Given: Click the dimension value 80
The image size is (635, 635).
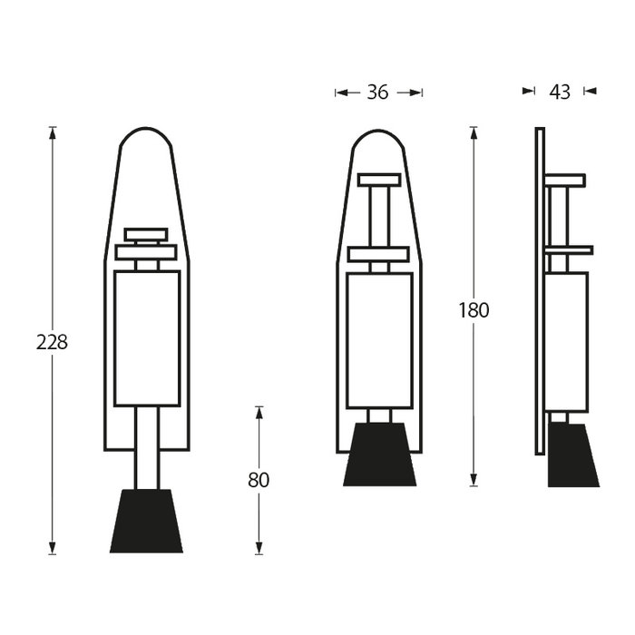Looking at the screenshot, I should [x=259, y=480].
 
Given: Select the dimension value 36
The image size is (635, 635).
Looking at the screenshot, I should [x=377, y=92].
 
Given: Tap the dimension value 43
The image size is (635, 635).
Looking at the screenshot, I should [x=560, y=92].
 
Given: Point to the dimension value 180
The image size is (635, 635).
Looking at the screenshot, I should [x=474, y=310].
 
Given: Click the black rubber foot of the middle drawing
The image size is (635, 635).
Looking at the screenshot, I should [x=379, y=454].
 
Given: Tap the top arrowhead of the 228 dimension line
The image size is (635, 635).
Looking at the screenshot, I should [x=53, y=132].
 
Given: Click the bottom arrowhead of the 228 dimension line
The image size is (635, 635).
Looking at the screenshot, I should [x=53, y=548].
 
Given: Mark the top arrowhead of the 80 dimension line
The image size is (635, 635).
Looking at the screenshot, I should [x=259, y=412].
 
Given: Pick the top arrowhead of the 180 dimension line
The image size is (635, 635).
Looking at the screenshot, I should [x=474, y=132].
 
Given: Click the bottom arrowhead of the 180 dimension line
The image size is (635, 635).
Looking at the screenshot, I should [x=474, y=481].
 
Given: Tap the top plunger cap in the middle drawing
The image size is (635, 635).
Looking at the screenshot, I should [x=379, y=179].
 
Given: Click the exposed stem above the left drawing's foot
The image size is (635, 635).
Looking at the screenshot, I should [x=146, y=448].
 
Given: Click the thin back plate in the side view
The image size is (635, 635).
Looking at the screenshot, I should [x=539, y=290].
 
